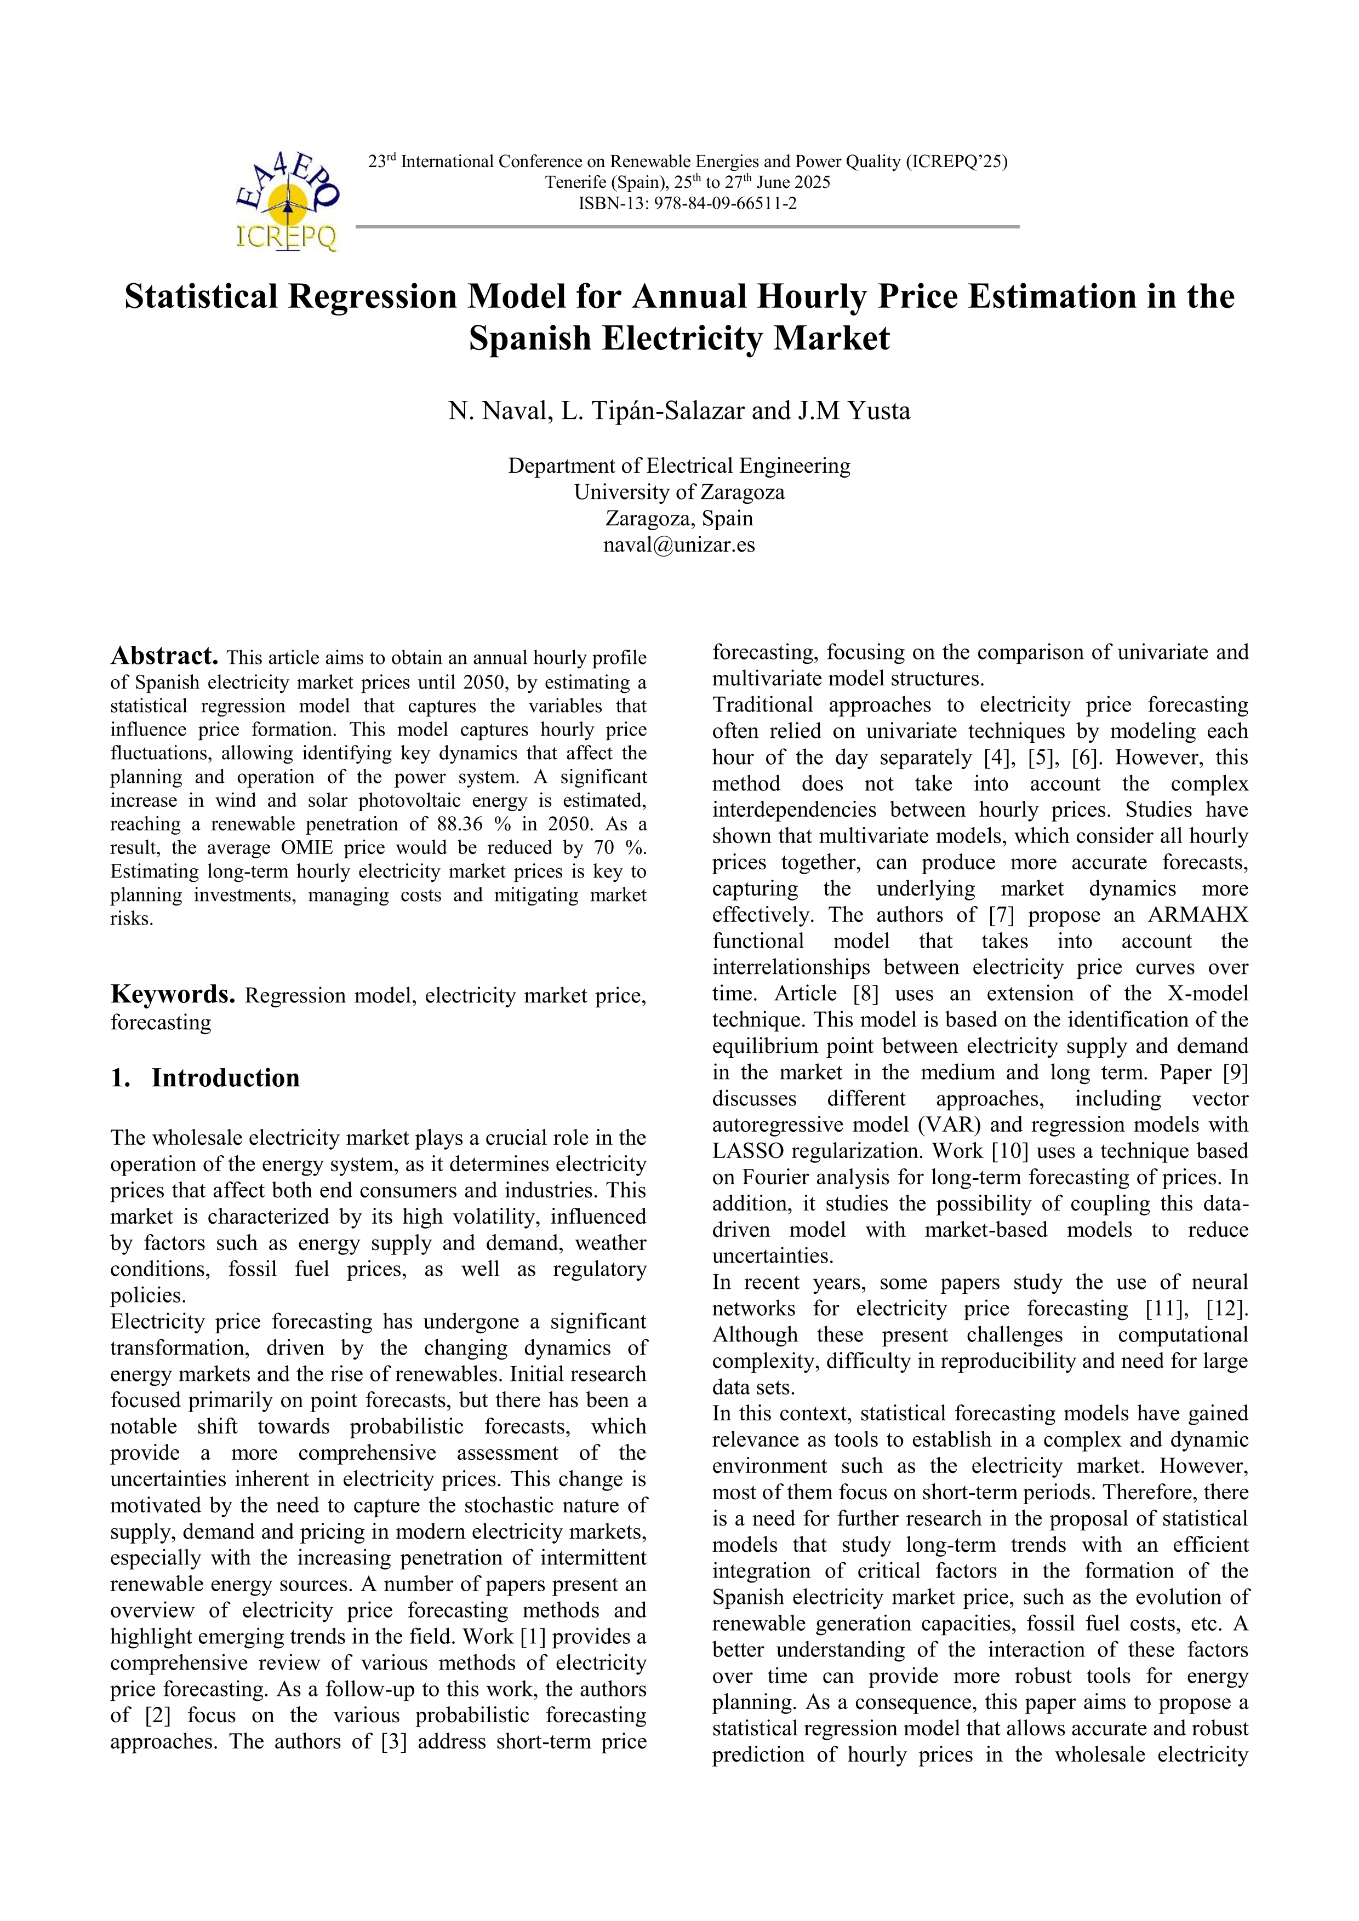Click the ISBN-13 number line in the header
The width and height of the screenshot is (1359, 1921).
coord(687,203)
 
